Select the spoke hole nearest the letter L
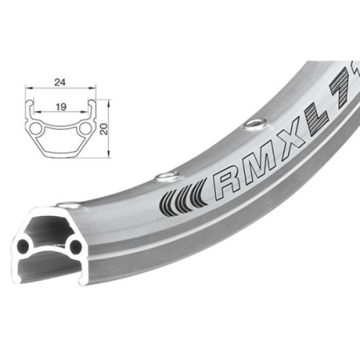click(x=254, y=121)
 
